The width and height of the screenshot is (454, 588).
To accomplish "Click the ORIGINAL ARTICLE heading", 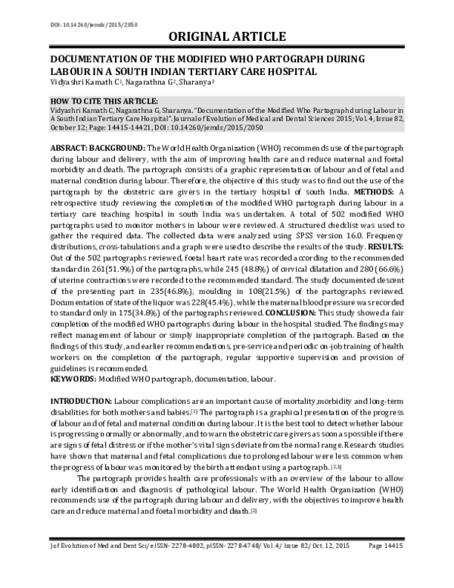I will [x=226, y=36].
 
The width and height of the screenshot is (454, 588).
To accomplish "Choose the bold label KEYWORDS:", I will [x=78, y=380].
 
